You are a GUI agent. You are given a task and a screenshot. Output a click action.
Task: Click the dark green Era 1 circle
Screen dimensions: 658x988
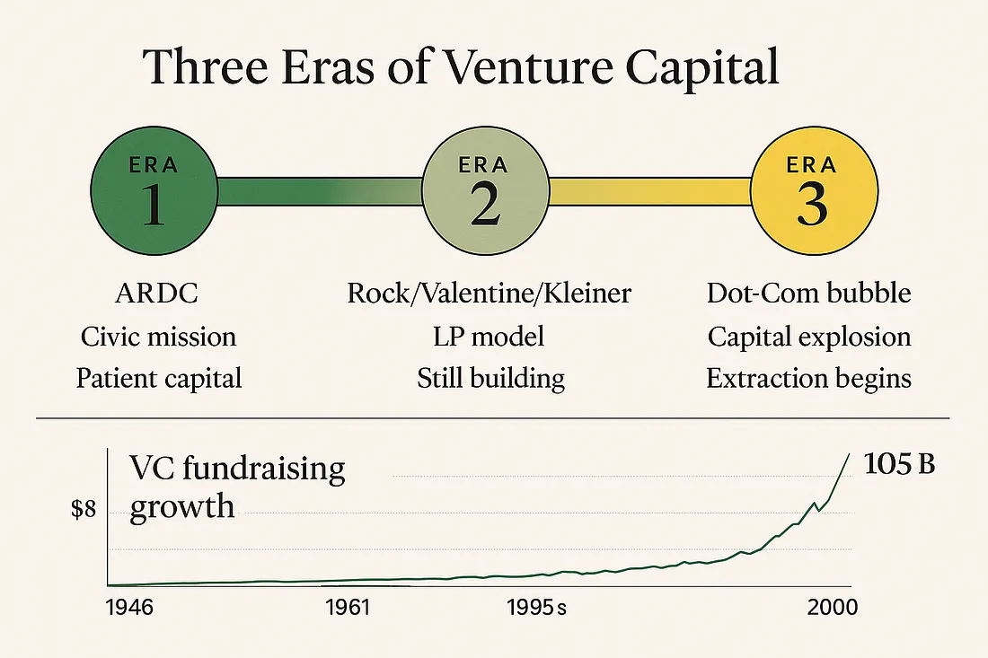[x=154, y=190]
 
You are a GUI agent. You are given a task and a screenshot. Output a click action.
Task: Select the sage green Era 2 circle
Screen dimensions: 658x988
[x=484, y=190]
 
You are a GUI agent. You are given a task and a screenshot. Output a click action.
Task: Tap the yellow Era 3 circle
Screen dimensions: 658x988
[x=812, y=190]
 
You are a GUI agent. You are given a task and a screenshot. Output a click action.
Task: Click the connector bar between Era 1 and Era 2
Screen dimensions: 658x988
[x=319, y=190]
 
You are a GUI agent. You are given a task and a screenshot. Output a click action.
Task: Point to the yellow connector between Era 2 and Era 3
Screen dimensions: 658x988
[x=648, y=190]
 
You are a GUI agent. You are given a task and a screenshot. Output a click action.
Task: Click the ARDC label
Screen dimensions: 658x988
[x=158, y=294]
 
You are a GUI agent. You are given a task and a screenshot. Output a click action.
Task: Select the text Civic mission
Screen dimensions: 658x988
[x=158, y=337]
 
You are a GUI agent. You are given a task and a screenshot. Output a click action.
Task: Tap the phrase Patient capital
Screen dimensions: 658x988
[x=158, y=378]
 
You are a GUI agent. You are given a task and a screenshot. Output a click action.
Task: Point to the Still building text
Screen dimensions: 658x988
[x=490, y=378]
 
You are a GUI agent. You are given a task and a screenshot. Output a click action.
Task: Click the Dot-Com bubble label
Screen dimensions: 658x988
[x=808, y=294]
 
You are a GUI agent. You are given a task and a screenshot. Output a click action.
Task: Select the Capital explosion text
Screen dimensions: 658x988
[x=808, y=337]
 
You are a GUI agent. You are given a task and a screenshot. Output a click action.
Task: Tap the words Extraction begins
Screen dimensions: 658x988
[x=808, y=378]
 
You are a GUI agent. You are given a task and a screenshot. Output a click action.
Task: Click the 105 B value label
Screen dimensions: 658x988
[x=899, y=466]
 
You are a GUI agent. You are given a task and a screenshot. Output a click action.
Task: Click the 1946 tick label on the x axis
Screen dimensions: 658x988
[x=129, y=608]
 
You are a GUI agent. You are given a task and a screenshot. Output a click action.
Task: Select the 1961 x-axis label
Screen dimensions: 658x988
[x=348, y=608]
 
